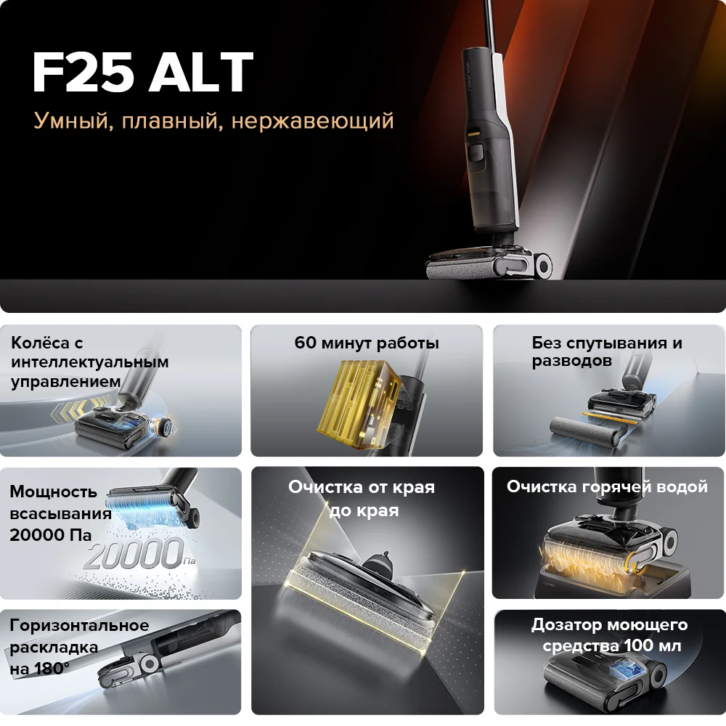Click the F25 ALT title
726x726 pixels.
point(142,72)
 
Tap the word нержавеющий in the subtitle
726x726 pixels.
point(312,121)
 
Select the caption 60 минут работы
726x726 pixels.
point(366,343)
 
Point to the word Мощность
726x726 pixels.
point(53,492)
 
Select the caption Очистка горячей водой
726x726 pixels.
point(607,486)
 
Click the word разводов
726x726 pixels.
point(571,361)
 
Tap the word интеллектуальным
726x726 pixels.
point(90,362)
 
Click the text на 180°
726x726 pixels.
point(40,669)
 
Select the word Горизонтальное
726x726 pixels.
point(79,626)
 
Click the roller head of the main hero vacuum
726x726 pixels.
point(489,264)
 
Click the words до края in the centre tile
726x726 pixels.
point(364,510)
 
